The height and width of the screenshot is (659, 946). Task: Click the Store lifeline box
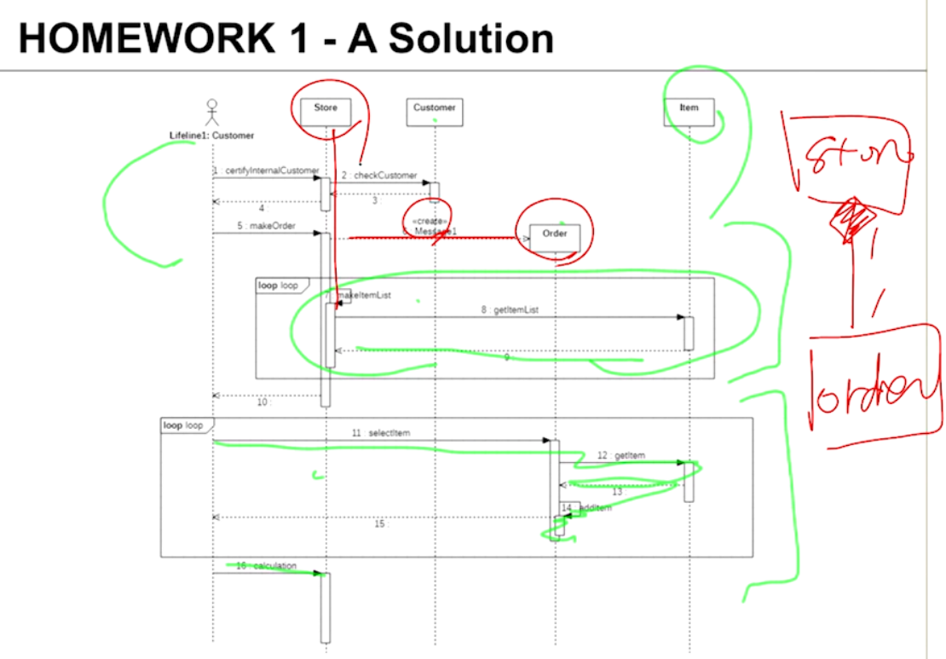[326, 108]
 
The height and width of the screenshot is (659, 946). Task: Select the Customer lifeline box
[435, 108]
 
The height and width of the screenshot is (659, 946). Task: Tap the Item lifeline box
[689, 108]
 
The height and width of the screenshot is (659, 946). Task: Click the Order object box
[554, 233]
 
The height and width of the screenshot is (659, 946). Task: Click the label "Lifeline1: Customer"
[211, 136]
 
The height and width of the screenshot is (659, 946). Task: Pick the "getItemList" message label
[516, 310]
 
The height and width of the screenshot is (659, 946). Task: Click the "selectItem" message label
[389, 433]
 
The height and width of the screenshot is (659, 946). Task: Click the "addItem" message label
[596, 508]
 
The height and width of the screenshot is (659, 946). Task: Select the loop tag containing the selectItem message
[183, 425]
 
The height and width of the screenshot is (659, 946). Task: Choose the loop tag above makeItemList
[279, 286]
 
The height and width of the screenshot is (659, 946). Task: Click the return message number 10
[262, 402]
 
